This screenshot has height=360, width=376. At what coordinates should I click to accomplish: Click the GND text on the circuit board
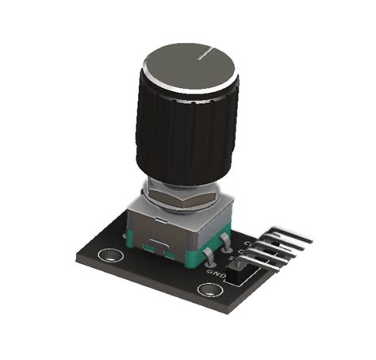pos(216,272)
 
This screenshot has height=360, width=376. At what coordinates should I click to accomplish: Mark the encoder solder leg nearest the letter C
pos(228,235)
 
